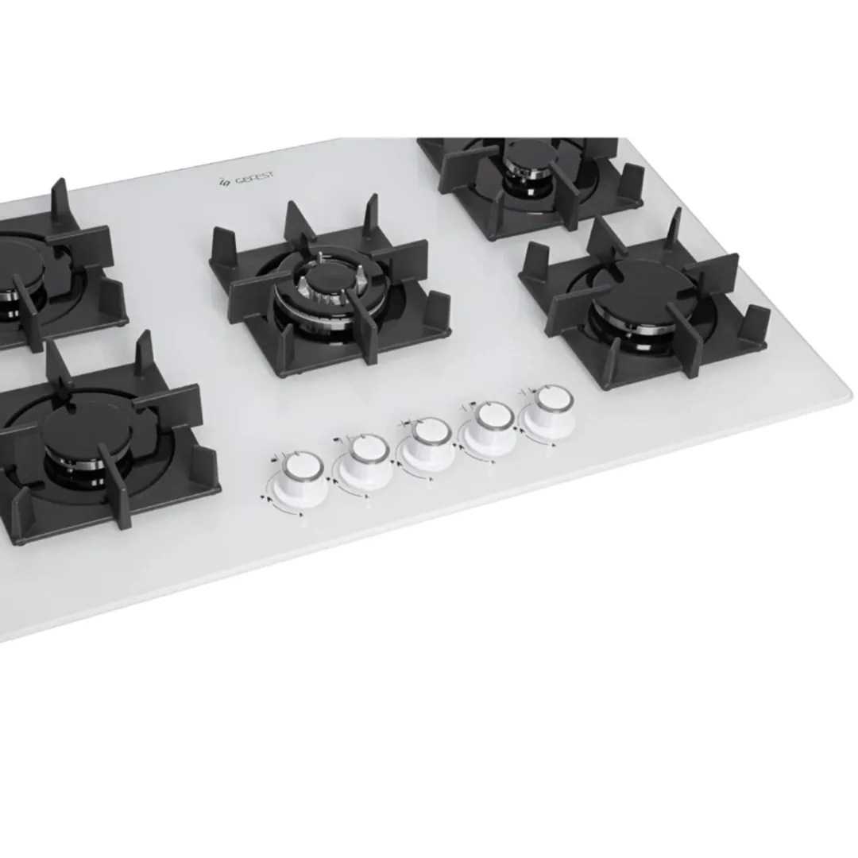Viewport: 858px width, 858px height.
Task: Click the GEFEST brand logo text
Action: [x=254, y=179]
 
